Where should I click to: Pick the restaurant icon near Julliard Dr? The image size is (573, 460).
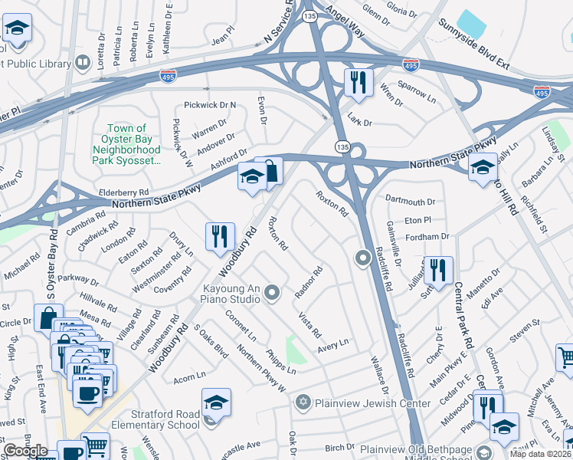coord(438,270)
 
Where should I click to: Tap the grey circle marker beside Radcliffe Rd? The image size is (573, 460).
coord(364,259)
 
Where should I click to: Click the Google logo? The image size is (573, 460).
coord(26,451)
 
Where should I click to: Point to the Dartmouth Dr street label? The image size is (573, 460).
coord(410,202)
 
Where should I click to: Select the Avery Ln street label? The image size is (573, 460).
coord(333,346)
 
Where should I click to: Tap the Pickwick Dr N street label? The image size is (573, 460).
coord(211,105)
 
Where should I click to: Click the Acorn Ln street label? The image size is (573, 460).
coord(190,376)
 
